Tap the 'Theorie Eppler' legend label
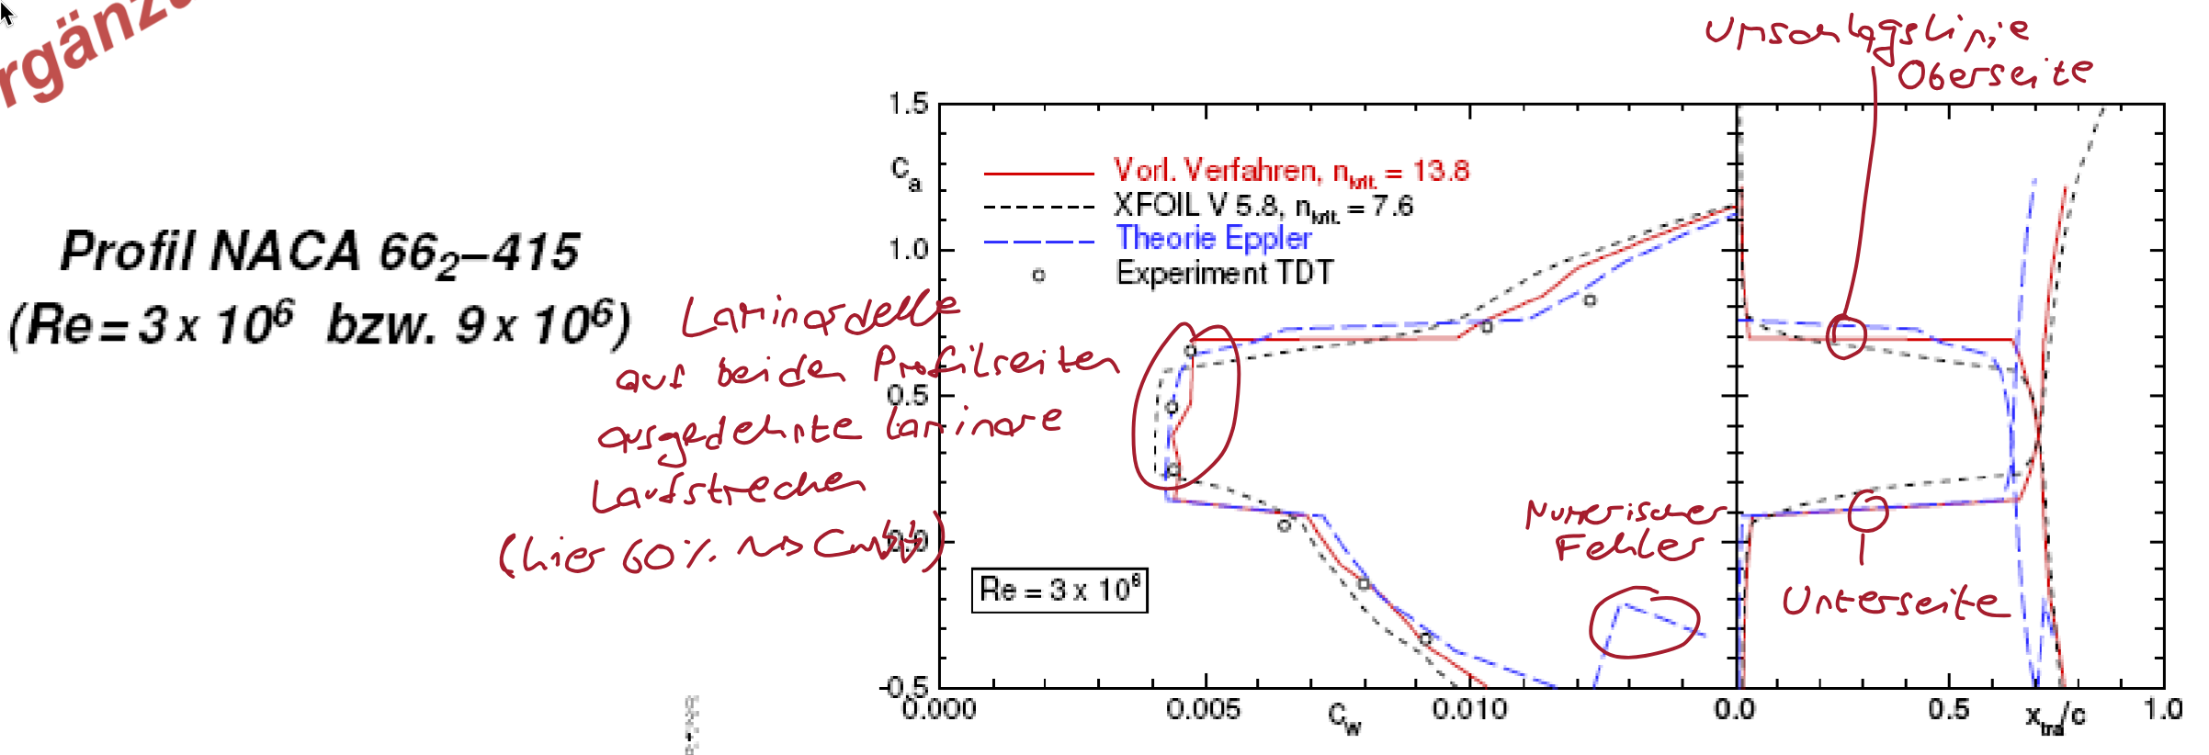pyautogui.click(x=1213, y=239)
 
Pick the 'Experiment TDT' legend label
pyautogui.click(x=1224, y=273)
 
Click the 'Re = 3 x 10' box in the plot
pyautogui.click(x=1059, y=589)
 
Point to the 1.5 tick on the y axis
pyautogui.click(x=908, y=104)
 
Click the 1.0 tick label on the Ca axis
pyautogui.click(x=908, y=249)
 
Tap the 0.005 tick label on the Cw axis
pyautogui.click(x=1203, y=709)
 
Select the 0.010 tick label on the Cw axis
pyautogui.click(x=1469, y=709)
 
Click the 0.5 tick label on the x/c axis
pyautogui.click(x=1949, y=709)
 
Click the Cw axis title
pyautogui.click(x=1344, y=719)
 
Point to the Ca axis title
pyautogui.click(x=905, y=172)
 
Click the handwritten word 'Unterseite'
pyautogui.click(x=1893, y=602)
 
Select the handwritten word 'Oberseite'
pyautogui.click(x=1994, y=73)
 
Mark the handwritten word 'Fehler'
pyautogui.click(x=1626, y=547)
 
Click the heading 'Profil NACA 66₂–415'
pyautogui.click(x=320, y=252)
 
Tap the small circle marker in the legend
pyautogui.click(x=1038, y=275)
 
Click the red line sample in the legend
pyautogui.click(x=1038, y=172)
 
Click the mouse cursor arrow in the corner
pyautogui.click(x=6, y=13)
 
